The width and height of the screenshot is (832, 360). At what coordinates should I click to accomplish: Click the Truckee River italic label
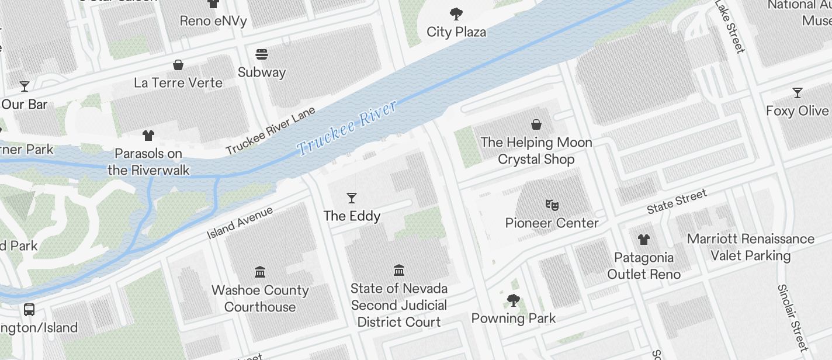pos(347,128)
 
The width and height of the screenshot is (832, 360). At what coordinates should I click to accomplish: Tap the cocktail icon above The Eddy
pos(352,198)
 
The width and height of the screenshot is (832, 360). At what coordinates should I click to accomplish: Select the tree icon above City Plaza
pos(456,14)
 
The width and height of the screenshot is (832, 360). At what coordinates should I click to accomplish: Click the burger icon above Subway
pos(262,55)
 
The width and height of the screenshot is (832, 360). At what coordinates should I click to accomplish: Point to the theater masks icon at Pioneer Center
pos(552,205)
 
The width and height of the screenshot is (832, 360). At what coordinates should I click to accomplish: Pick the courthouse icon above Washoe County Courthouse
pos(260,272)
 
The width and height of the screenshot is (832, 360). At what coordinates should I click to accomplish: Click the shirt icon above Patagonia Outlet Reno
pos(643,239)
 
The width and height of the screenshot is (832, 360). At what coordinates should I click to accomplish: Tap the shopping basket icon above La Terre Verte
pos(178,65)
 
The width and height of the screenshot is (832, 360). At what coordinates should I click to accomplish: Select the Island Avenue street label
pos(240,223)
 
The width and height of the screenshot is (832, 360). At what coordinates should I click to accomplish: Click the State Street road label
pos(677,202)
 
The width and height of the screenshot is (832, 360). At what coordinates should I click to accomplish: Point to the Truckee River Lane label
pos(270,131)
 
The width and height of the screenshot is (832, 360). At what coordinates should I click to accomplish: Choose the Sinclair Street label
pos(792,317)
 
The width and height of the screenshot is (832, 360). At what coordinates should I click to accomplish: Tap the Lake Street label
pos(730,27)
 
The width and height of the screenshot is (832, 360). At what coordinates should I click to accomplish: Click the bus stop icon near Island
pos(29,309)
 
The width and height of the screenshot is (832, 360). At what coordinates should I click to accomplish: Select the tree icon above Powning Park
pos(513,300)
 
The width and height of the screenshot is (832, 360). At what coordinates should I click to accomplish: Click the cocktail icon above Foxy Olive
pos(797,93)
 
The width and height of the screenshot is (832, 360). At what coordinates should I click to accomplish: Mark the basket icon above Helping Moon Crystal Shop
pos(536,124)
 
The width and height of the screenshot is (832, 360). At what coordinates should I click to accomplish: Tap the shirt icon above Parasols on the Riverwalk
pos(148,136)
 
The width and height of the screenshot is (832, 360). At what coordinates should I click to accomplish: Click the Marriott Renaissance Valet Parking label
pos(750,247)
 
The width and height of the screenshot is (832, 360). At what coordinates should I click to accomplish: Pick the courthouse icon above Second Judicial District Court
pos(399,270)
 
